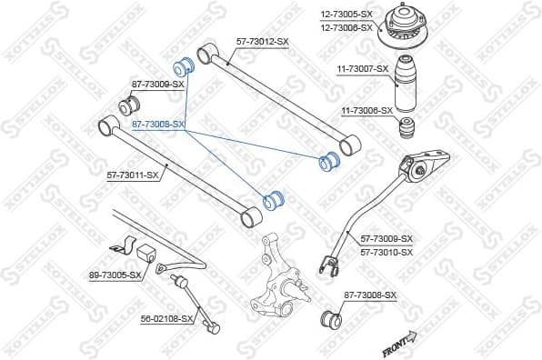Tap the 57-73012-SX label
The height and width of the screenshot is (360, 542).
[x=262, y=42]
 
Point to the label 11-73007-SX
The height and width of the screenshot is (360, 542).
[x=364, y=68]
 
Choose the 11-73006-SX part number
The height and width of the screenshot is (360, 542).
[x=367, y=111]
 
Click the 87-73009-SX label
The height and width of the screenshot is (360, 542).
[x=158, y=84]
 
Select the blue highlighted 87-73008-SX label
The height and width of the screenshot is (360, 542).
[x=158, y=124]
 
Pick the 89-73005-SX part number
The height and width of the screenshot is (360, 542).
[x=115, y=275]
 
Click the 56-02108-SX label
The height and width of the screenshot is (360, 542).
[x=167, y=318]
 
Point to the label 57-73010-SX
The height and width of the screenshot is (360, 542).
[x=386, y=251]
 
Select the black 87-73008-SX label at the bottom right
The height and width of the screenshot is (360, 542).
[x=371, y=295]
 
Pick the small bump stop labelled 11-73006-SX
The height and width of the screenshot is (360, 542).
[x=410, y=125]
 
